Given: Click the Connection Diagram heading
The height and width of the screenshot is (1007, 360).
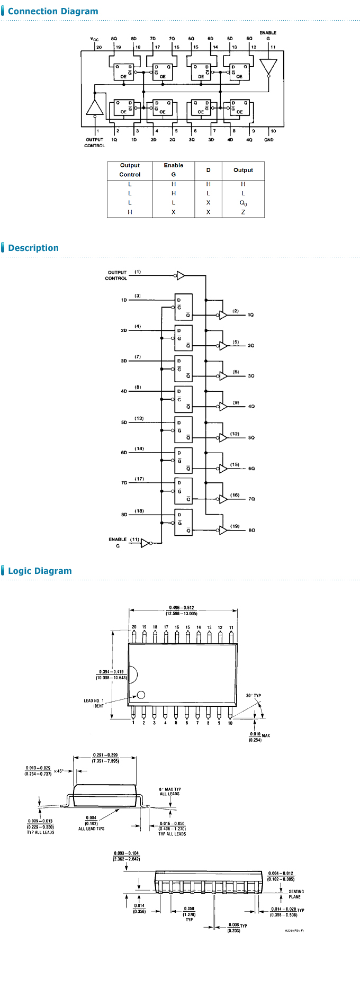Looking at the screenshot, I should click(x=53, y=11).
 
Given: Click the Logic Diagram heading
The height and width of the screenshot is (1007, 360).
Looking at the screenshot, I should click(x=40, y=571).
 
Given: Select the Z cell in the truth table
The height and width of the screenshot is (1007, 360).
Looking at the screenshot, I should click(x=243, y=212).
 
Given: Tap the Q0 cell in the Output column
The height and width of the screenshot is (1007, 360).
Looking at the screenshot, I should click(x=243, y=203).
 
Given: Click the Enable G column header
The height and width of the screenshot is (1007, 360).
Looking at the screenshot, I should click(x=173, y=169).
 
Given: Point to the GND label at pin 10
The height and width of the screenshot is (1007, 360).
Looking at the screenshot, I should click(x=269, y=140).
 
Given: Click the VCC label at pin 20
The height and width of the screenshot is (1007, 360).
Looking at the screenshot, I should click(x=94, y=39).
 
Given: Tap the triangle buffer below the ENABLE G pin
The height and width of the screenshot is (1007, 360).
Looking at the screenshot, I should click(x=268, y=66).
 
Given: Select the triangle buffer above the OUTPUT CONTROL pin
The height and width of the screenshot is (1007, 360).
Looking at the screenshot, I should click(x=95, y=107).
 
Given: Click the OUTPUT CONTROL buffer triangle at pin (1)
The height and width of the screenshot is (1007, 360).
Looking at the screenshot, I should click(x=181, y=275).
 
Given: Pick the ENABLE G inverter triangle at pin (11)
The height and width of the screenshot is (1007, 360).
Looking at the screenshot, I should click(x=145, y=543).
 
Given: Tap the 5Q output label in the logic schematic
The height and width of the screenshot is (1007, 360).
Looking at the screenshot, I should click(x=251, y=438).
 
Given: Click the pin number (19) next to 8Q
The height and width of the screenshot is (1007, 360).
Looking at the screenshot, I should click(x=235, y=526).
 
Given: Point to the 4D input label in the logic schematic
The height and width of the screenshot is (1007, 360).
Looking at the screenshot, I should click(x=124, y=391).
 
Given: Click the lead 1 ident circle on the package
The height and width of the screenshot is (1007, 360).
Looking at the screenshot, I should click(x=141, y=695).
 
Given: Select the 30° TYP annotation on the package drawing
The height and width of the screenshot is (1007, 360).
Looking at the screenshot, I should click(x=254, y=696).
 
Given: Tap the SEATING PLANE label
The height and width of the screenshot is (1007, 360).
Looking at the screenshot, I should click(x=295, y=894).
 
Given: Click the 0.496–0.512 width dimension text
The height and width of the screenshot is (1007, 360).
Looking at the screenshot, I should click(x=182, y=608).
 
